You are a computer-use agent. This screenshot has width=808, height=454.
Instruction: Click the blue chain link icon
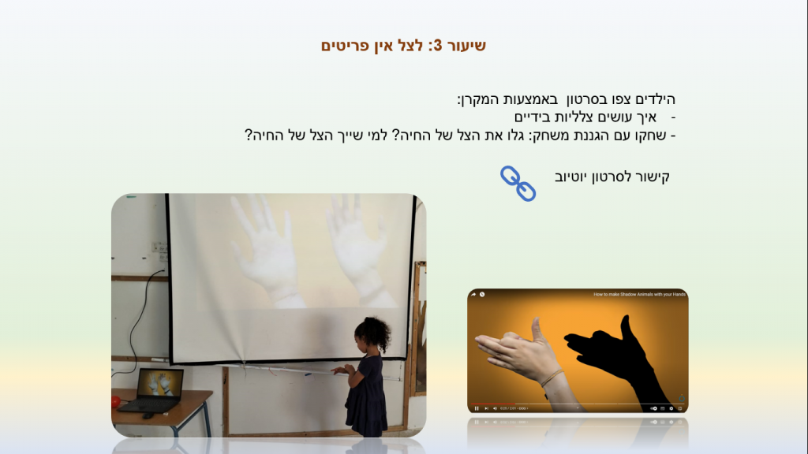click(x=518, y=183)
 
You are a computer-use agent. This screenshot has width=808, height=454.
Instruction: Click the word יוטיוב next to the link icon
click(x=571, y=176)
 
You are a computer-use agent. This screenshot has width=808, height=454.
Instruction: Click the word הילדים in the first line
click(x=655, y=99)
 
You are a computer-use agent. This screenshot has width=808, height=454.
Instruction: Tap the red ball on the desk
click(x=115, y=401)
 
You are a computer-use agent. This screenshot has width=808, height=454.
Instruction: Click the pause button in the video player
click(x=477, y=408)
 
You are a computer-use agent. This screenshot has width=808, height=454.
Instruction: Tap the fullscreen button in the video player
click(x=680, y=408)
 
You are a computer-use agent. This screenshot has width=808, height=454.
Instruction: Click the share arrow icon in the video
click(x=474, y=294)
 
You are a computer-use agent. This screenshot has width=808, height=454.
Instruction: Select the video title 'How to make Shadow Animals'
click(x=639, y=294)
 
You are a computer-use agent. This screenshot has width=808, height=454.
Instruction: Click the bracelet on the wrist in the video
click(x=551, y=378)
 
